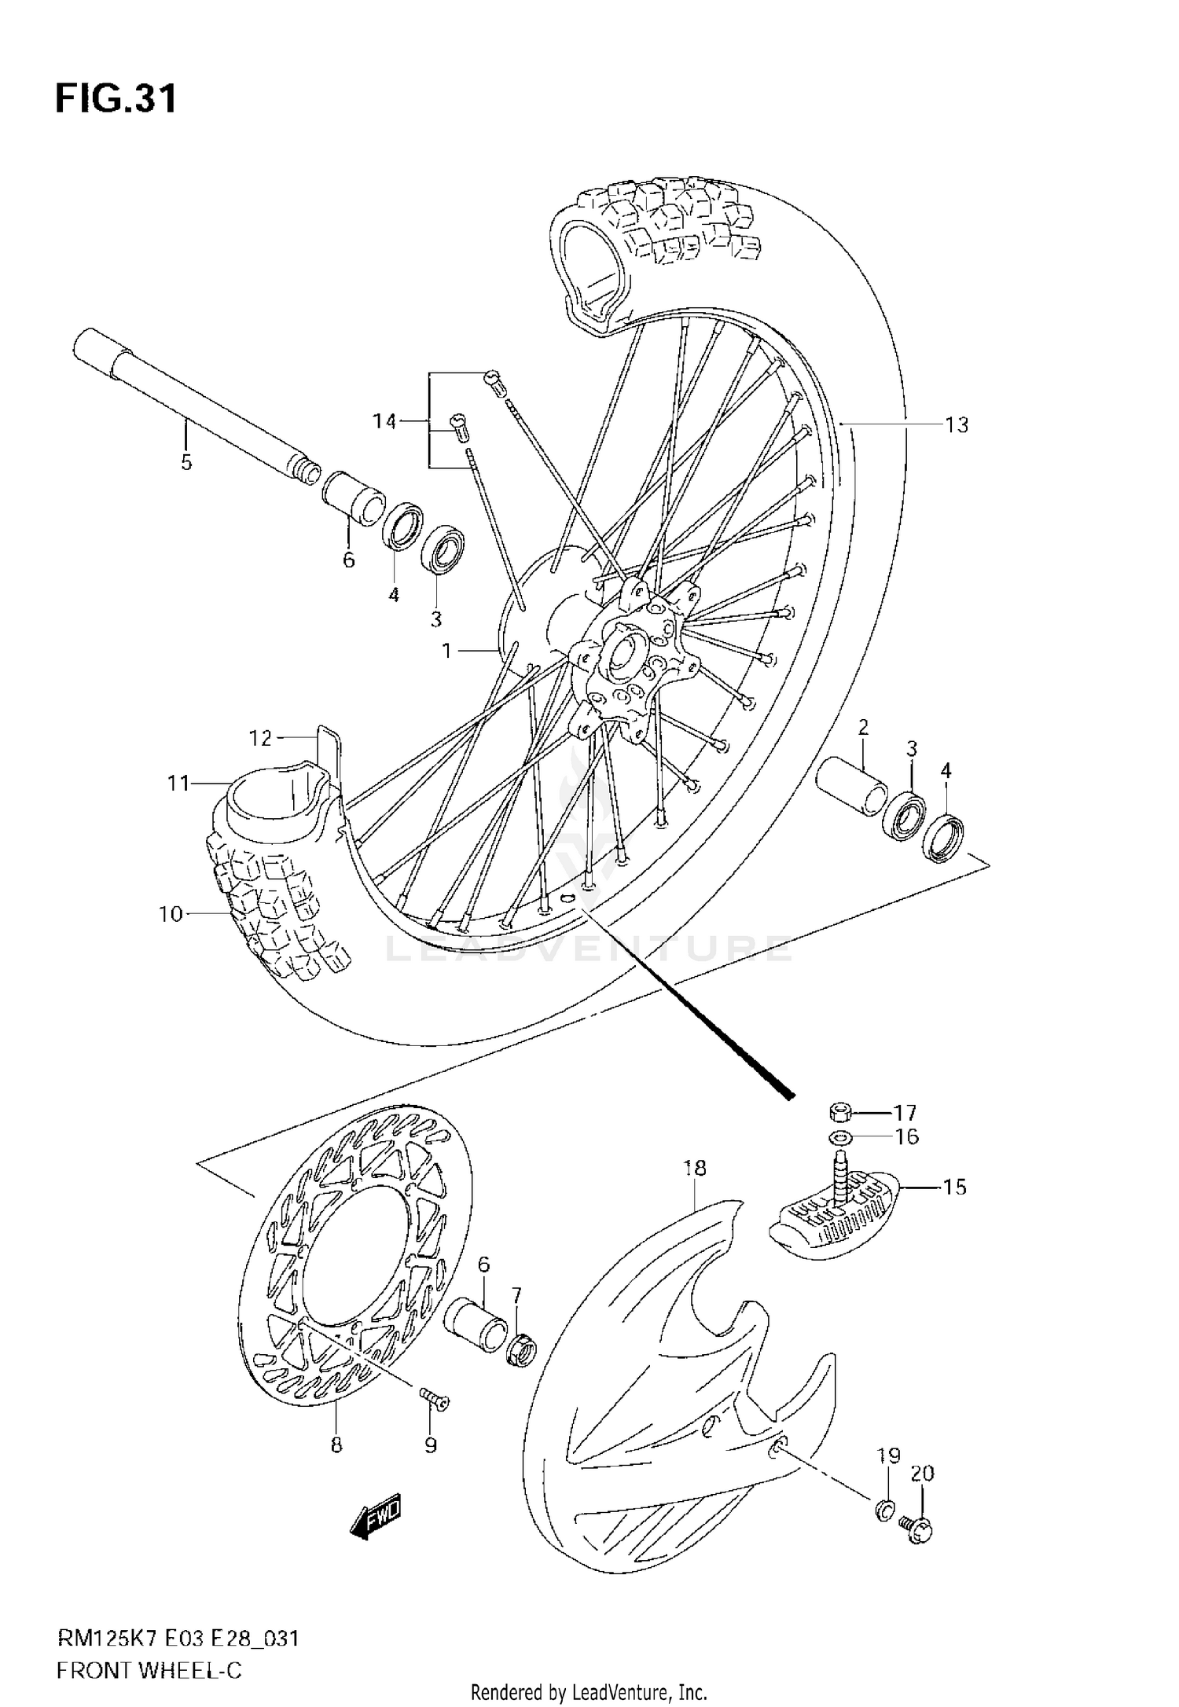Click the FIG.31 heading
(x=116, y=100)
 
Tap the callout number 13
(x=957, y=425)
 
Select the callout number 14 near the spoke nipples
(x=384, y=422)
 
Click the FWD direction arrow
(x=376, y=1514)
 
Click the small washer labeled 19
(x=883, y=1507)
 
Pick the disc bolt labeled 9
(x=432, y=1397)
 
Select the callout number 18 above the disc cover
(x=695, y=1168)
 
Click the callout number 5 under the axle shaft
(x=186, y=462)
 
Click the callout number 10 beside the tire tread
(x=170, y=914)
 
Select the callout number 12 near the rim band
(x=260, y=739)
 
